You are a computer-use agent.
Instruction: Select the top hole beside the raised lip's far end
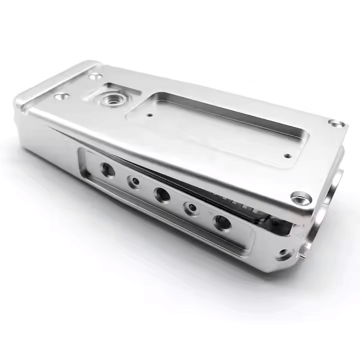93,76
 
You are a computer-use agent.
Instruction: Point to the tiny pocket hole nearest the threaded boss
150,114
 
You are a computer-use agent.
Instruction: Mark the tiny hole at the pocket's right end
286,155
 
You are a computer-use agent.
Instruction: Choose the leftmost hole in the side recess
107,170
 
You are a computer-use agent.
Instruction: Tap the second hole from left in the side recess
134,182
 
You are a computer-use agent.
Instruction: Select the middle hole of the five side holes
161,195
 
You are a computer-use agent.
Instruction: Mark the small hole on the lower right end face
284,254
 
